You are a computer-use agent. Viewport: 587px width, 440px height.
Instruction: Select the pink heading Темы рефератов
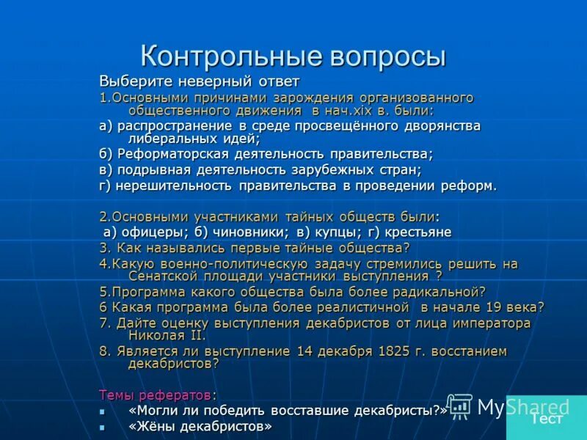pos(158,394)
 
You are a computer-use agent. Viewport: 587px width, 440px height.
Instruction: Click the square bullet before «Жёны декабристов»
pos(103,426)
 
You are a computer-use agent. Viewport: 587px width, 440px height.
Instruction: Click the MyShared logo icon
pos(459,406)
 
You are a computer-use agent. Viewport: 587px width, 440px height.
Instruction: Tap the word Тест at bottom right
pos(547,419)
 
